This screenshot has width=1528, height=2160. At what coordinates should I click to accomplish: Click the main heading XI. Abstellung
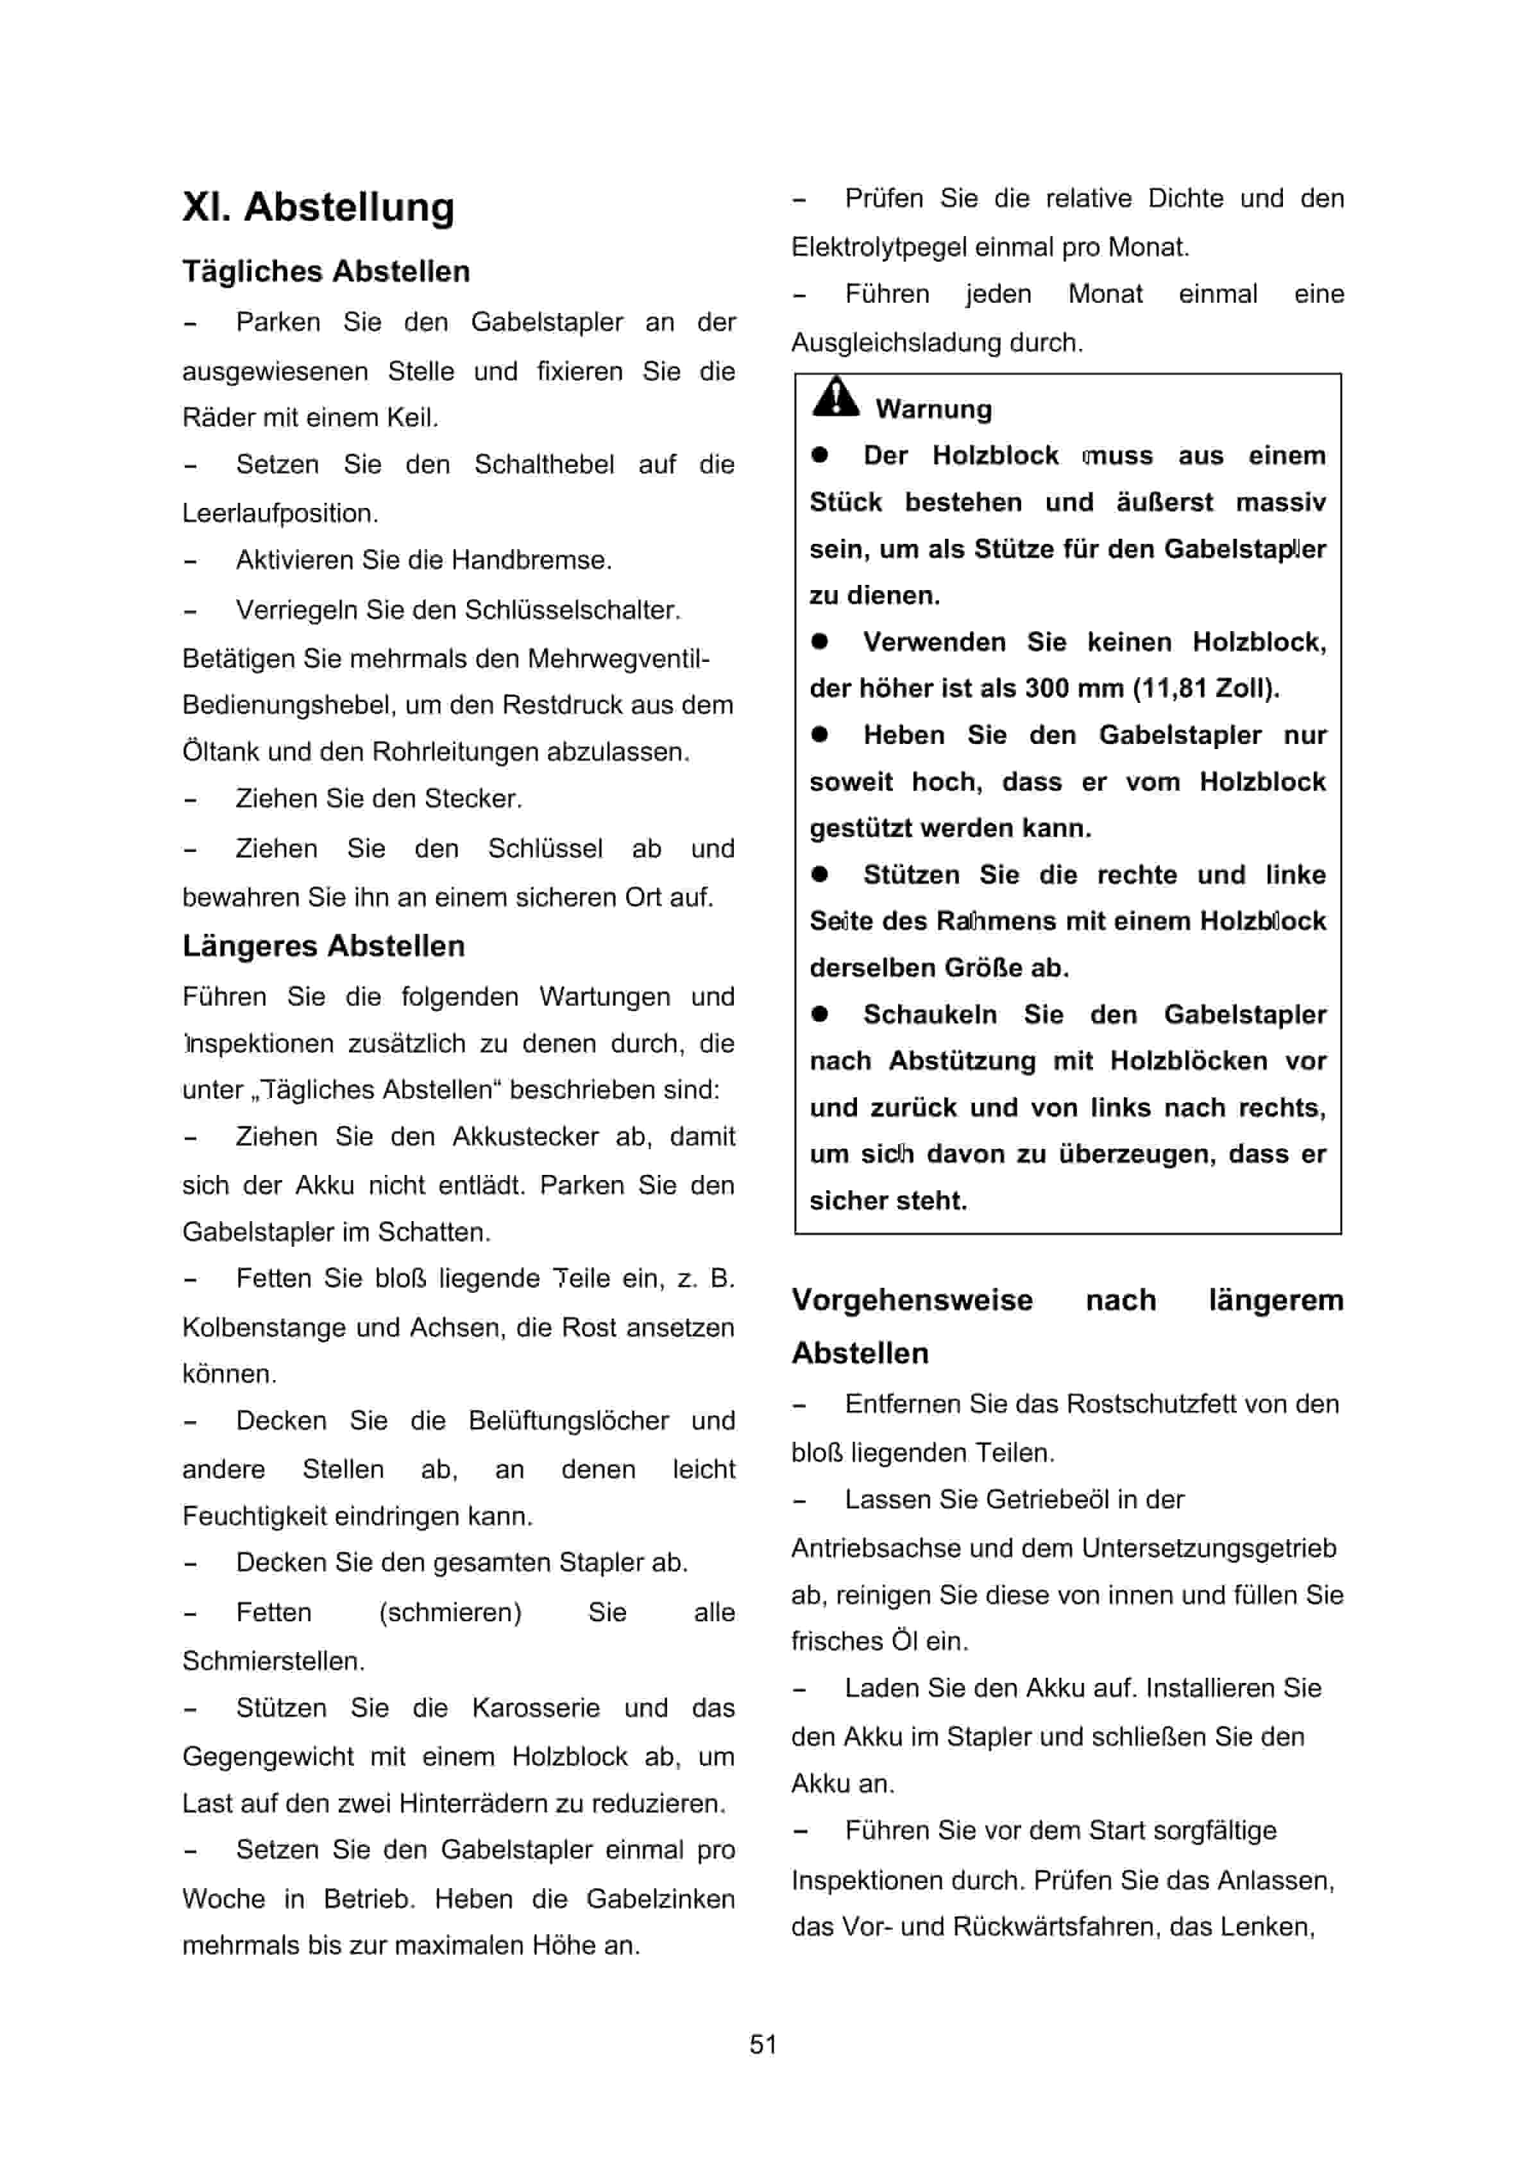(318, 207)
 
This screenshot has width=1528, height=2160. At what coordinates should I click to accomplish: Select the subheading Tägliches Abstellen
(325, 272)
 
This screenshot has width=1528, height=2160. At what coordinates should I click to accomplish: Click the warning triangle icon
(835, 398)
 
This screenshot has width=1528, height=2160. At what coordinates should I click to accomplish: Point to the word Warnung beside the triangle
(933, 409)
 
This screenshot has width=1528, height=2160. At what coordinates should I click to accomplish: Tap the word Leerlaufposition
(280, 514)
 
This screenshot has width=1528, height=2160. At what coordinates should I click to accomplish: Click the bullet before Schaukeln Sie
(820, 1014)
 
